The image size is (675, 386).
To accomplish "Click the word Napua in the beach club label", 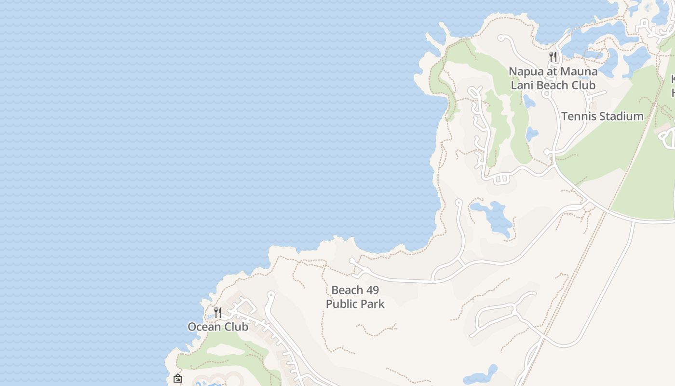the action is [526, 71].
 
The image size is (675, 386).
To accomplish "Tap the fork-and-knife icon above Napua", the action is [553, 57].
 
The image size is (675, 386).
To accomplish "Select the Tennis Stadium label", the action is [602, 116].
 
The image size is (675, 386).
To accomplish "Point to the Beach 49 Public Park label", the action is [355, 297].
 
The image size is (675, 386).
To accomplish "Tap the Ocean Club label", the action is [218, 327].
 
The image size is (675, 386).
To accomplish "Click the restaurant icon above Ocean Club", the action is [218, 313].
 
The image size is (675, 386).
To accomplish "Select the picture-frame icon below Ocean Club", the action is [178, 379].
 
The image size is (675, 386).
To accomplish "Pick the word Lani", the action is [522, 85].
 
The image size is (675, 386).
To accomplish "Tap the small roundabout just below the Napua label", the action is [547, 94].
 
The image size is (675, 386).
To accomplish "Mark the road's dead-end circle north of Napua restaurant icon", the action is [501, 38].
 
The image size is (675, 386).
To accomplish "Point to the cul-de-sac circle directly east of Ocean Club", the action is [270, 294].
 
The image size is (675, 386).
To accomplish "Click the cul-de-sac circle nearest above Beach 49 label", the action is [352, 261].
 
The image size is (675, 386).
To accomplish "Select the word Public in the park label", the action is [341, 304].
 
